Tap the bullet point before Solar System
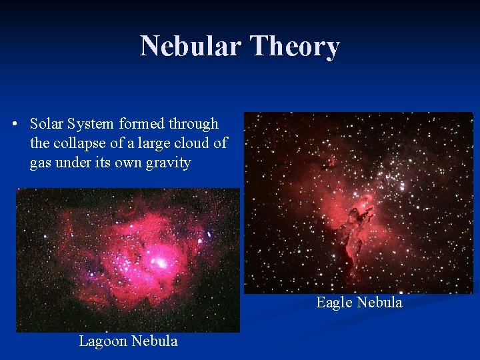click(x=15, y=125)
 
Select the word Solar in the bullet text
click(x=45, y=124)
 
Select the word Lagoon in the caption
click(x=102, y=341)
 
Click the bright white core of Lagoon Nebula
click(x=161, y=263)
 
